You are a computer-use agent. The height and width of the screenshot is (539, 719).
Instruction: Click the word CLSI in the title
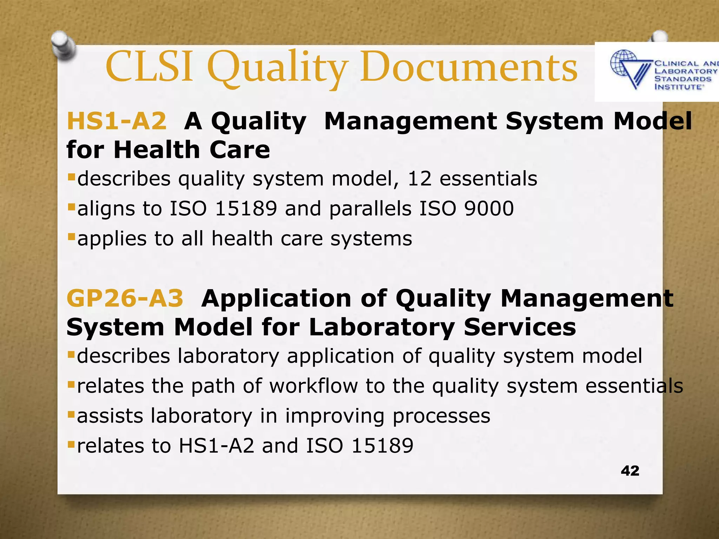(149, 67)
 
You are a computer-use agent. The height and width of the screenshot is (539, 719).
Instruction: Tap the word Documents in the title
(469, 67)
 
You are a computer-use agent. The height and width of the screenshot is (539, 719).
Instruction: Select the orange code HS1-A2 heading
(117, 121)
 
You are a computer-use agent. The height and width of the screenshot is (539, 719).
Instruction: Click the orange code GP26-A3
(125, 299)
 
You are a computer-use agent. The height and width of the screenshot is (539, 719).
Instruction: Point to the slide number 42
(630, 471)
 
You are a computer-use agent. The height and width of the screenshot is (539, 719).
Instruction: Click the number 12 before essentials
(419, 179)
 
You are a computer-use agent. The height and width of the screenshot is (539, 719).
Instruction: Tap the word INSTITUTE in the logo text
(678, 87)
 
